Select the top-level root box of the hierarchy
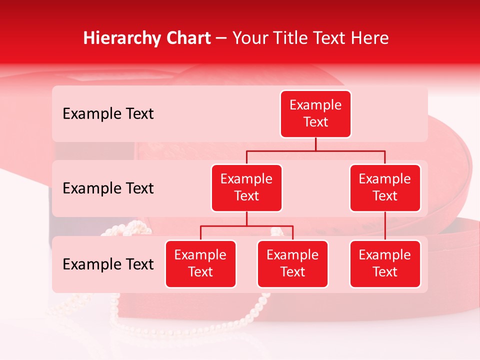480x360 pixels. click(315, 113)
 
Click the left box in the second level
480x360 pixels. click(246, 187)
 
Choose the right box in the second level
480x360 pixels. click(385, 187)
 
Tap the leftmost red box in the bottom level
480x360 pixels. click(200, 263)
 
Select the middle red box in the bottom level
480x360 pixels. click(292, 263)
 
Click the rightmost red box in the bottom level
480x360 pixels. click(385, 263)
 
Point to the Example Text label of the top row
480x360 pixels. click(108, 114)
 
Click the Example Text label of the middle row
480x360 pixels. click(108, 188)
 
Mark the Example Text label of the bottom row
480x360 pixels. click(108, 264)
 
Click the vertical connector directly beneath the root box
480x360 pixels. click(315, 144)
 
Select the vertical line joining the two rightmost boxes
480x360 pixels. click(385, 226)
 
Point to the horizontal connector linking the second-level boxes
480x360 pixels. click(315, 150)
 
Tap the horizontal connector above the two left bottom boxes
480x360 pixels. click(246, 226)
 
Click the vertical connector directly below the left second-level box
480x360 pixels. click(246, 218)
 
